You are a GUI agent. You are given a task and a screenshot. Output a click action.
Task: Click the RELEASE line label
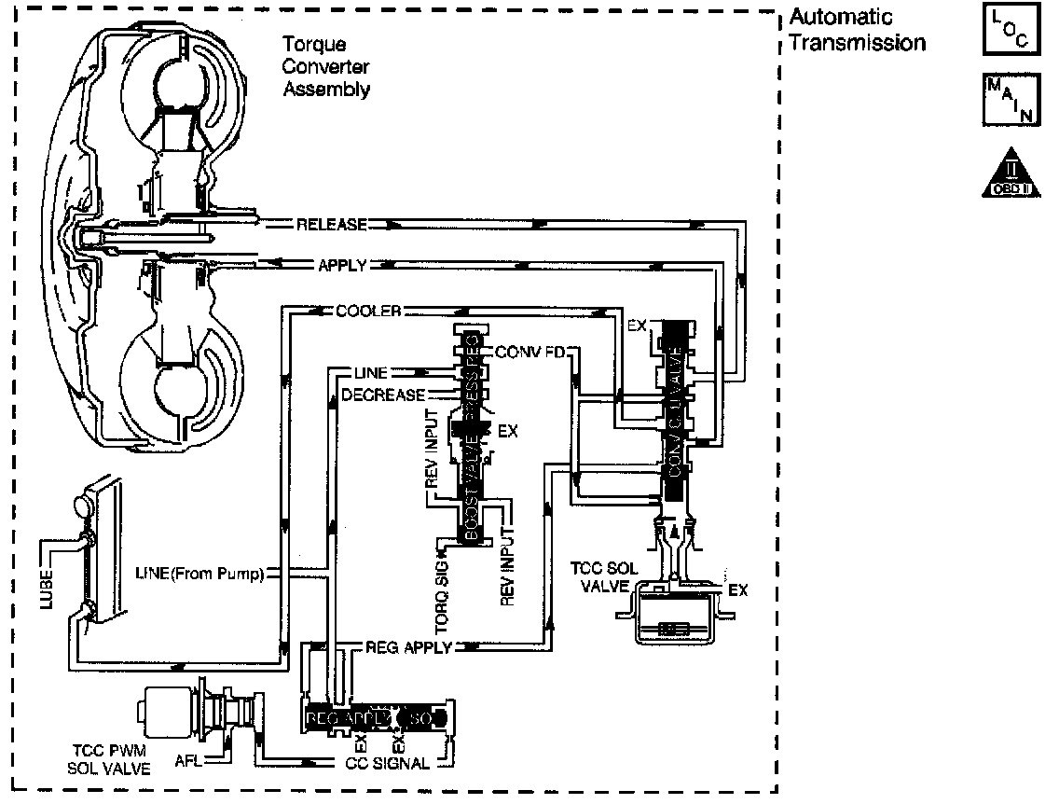331,225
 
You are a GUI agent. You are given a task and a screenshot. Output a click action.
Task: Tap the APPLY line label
342,266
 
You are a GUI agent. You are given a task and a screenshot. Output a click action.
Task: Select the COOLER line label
367,312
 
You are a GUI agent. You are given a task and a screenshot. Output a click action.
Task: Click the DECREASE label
383,395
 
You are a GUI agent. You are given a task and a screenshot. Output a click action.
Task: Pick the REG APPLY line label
408,646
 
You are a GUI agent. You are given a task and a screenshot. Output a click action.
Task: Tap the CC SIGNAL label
386,763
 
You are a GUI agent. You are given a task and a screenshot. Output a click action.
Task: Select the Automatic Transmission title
857,30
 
